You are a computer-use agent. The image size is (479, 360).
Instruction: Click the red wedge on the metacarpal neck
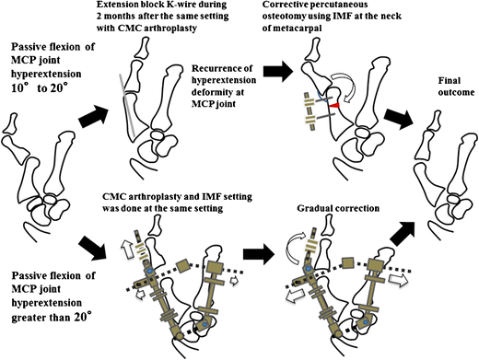click(x=334, y=106)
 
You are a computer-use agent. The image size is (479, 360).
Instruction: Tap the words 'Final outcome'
click(x=456, y=87)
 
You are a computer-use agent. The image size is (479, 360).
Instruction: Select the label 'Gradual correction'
click(x=338, y=208)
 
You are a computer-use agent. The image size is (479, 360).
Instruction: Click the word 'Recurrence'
click(x=222, y=68)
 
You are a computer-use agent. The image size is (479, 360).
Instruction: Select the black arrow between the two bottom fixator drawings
click(x=258, y=255)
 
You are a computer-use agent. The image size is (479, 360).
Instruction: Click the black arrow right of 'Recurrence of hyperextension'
click(x=278, y=71)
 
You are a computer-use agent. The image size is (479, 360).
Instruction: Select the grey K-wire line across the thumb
click(x=127, y=106)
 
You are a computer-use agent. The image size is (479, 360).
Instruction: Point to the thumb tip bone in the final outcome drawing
click(x=436, y=121)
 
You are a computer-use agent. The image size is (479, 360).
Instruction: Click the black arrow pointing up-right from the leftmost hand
click(x=94, y=117)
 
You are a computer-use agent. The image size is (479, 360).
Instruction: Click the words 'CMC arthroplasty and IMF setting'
click(x=178, y=197)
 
